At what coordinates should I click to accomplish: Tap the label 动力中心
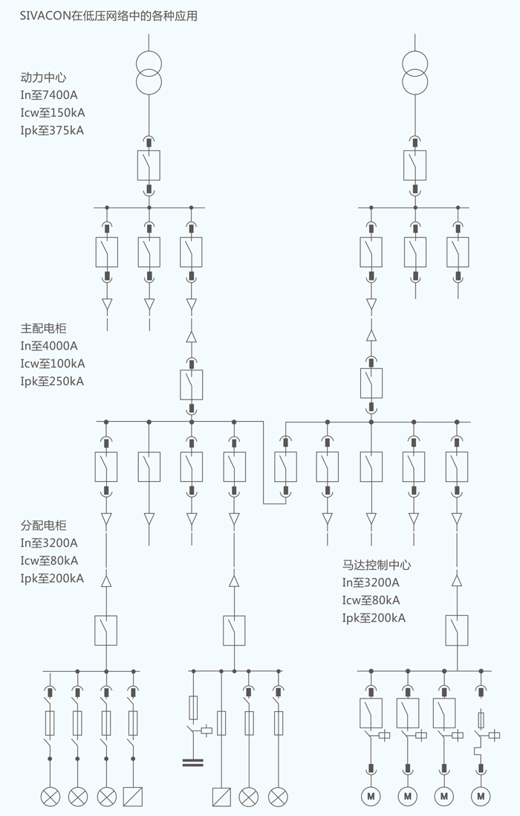45,77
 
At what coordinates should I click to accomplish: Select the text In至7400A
49,94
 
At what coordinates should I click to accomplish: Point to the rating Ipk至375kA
52,130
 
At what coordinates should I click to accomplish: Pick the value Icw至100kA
53,364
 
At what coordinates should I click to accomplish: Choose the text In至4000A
49,345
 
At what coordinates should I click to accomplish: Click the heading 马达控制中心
377,565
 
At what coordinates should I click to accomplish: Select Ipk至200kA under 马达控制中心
374,618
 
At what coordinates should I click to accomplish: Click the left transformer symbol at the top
149,71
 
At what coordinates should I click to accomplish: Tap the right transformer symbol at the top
415,71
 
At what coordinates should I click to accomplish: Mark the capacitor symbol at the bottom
193,762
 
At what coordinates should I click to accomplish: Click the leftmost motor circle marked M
371,797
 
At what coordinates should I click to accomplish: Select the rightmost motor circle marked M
481,797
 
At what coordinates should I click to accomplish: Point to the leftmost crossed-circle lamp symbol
51,797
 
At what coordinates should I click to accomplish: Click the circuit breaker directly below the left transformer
149,164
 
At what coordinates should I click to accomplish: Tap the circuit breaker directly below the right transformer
415,164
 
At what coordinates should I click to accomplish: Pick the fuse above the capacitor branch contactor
193,707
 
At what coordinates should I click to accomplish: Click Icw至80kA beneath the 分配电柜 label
50,560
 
